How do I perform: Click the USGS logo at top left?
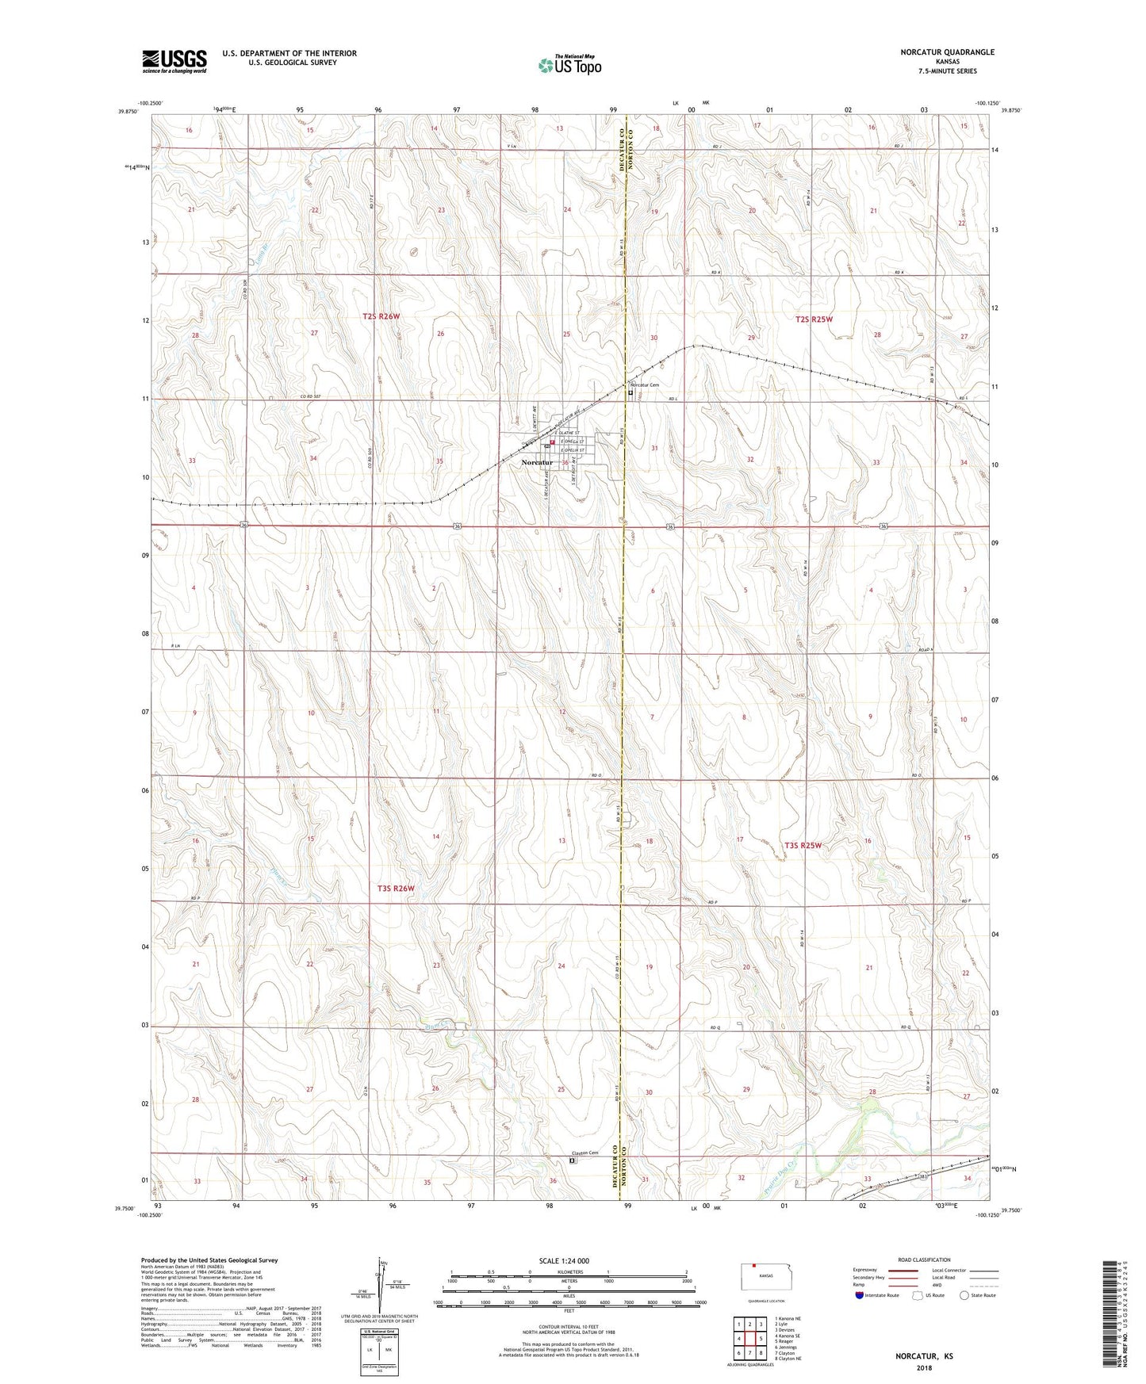pyautogui.click(x=174, y=61)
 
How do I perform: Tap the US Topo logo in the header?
pyautogui.click(x=569, y=66)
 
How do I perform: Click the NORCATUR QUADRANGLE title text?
pyautogui.click(x=947, y=52)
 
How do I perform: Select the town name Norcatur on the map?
pyautogui.click(x=537, y=463)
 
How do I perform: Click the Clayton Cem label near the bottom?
pyautogui.click(x=581, y=1153)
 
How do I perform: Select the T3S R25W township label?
pyautogui.click(x=803, y=845)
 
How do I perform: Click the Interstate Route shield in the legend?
pyautogui.click(x=860, y=1295)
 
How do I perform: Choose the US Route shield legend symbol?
pyautogui.click(x=918, y=1295)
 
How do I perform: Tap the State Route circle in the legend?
pyautogui.click(x=964, y=1295)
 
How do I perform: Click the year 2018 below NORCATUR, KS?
pyautogui.click(x=924, y=1367)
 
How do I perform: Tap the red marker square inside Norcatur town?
pyautogui.click(x=552, y=442)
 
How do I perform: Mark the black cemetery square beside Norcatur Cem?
pyautogui.click(x=631, y=392)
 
